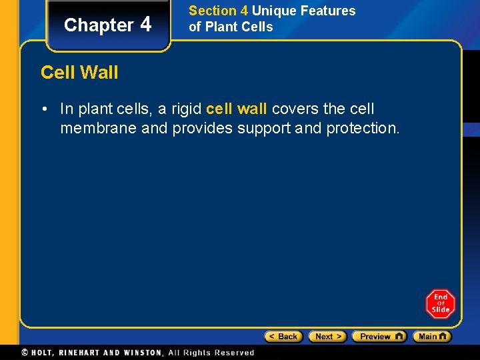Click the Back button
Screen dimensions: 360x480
pyautogui.click(x=283, y=337)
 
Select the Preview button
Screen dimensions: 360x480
pyautogui.click(x=379, y=337)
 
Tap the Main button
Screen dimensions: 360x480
pyautogui.click(x=432, y=337)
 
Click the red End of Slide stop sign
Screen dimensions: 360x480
pyautogui.click(x=440, y=304)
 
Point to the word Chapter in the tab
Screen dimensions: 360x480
pyautogui.click(x=99, y=25)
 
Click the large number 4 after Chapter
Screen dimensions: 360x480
pyautogui.click(x=147, y=24)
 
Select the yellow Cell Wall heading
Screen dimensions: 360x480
pyautogui.click(x=79, y=72)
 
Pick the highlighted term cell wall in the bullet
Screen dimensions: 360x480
pyautogui.click(x=237, y=109)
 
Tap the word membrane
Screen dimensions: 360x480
pyautogui.click(x=98, y=128)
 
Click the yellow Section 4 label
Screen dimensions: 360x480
pyautogui.click(x=218, y=11)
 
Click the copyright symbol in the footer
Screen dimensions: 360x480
pyautogui.click(x=25, y=353)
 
